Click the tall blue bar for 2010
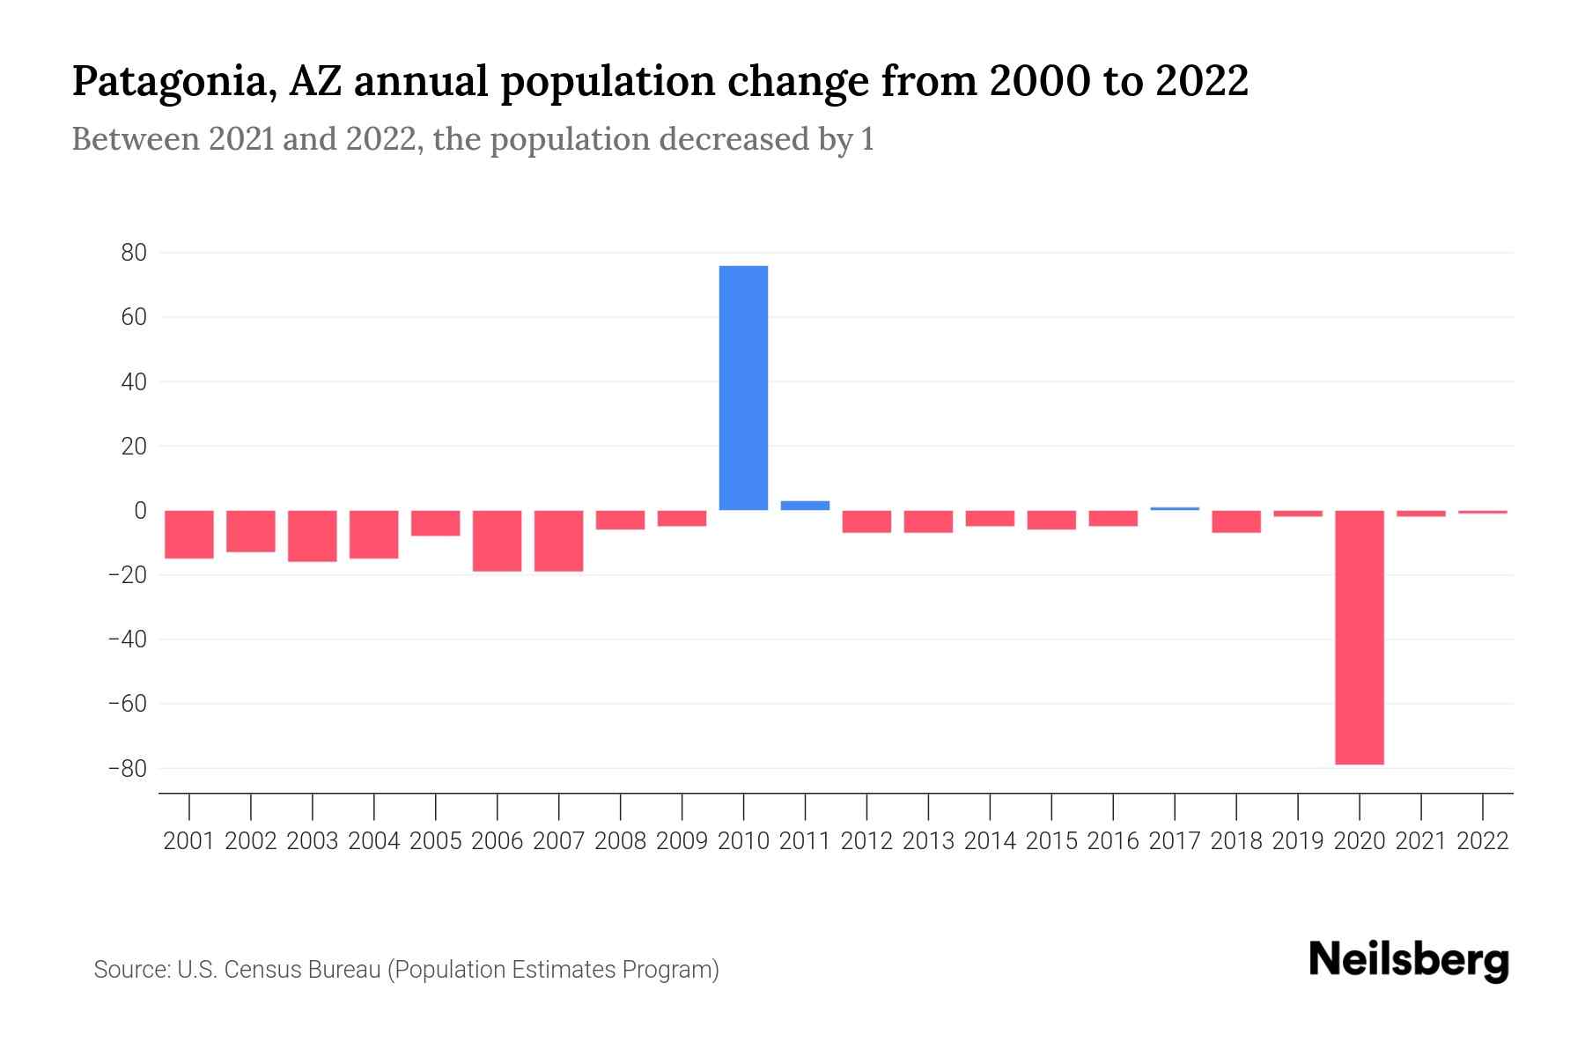pos(743,388)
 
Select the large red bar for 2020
pos(1359,637)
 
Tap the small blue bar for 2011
pos(805,506)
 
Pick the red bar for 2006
pos(497,541)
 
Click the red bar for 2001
pos(189,535)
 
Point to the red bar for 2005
pos(435,523)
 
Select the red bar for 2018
pos(1236,521)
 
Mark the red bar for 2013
pos(928,521)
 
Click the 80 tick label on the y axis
pos(134,254)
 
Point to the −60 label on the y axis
pos(127,704)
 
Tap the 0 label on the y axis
pos(140,511)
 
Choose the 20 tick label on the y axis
pos(134,447)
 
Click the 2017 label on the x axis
pos(1175,841)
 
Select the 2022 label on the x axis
pos(1483,841)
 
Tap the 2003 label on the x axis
pos(313,841)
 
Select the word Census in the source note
pos(257,970)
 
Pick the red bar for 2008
pos(620,520)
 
